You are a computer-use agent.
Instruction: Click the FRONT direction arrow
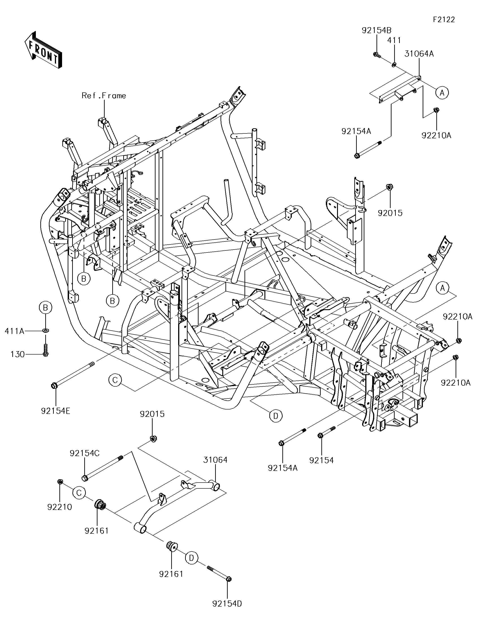pyautogui.click(x=43, y=50)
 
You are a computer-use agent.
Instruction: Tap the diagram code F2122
pyautogui.click(x=443, y=20)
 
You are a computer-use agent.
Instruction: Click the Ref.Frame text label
pyautogui.click(x=104, y=96)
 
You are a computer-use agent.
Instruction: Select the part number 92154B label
pyautogui.click(x=376, y=30)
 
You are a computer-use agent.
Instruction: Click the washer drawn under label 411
pyautogui.click(x=394, y=65)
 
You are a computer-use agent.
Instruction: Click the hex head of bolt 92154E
pyautogui.click(x=55, y=385)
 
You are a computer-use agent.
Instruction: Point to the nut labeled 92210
pyautogui.click(x=60, y=482)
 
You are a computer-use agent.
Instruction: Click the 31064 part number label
pyautogui.click(x=215, y=460)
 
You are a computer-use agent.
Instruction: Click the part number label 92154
pyautogui.click(x=322, y=460)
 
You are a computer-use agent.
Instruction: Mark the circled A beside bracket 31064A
pyautogui.click(x=442, y=93)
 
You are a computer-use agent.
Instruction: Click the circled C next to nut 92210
pyautogui.click(x=79, y=493)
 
